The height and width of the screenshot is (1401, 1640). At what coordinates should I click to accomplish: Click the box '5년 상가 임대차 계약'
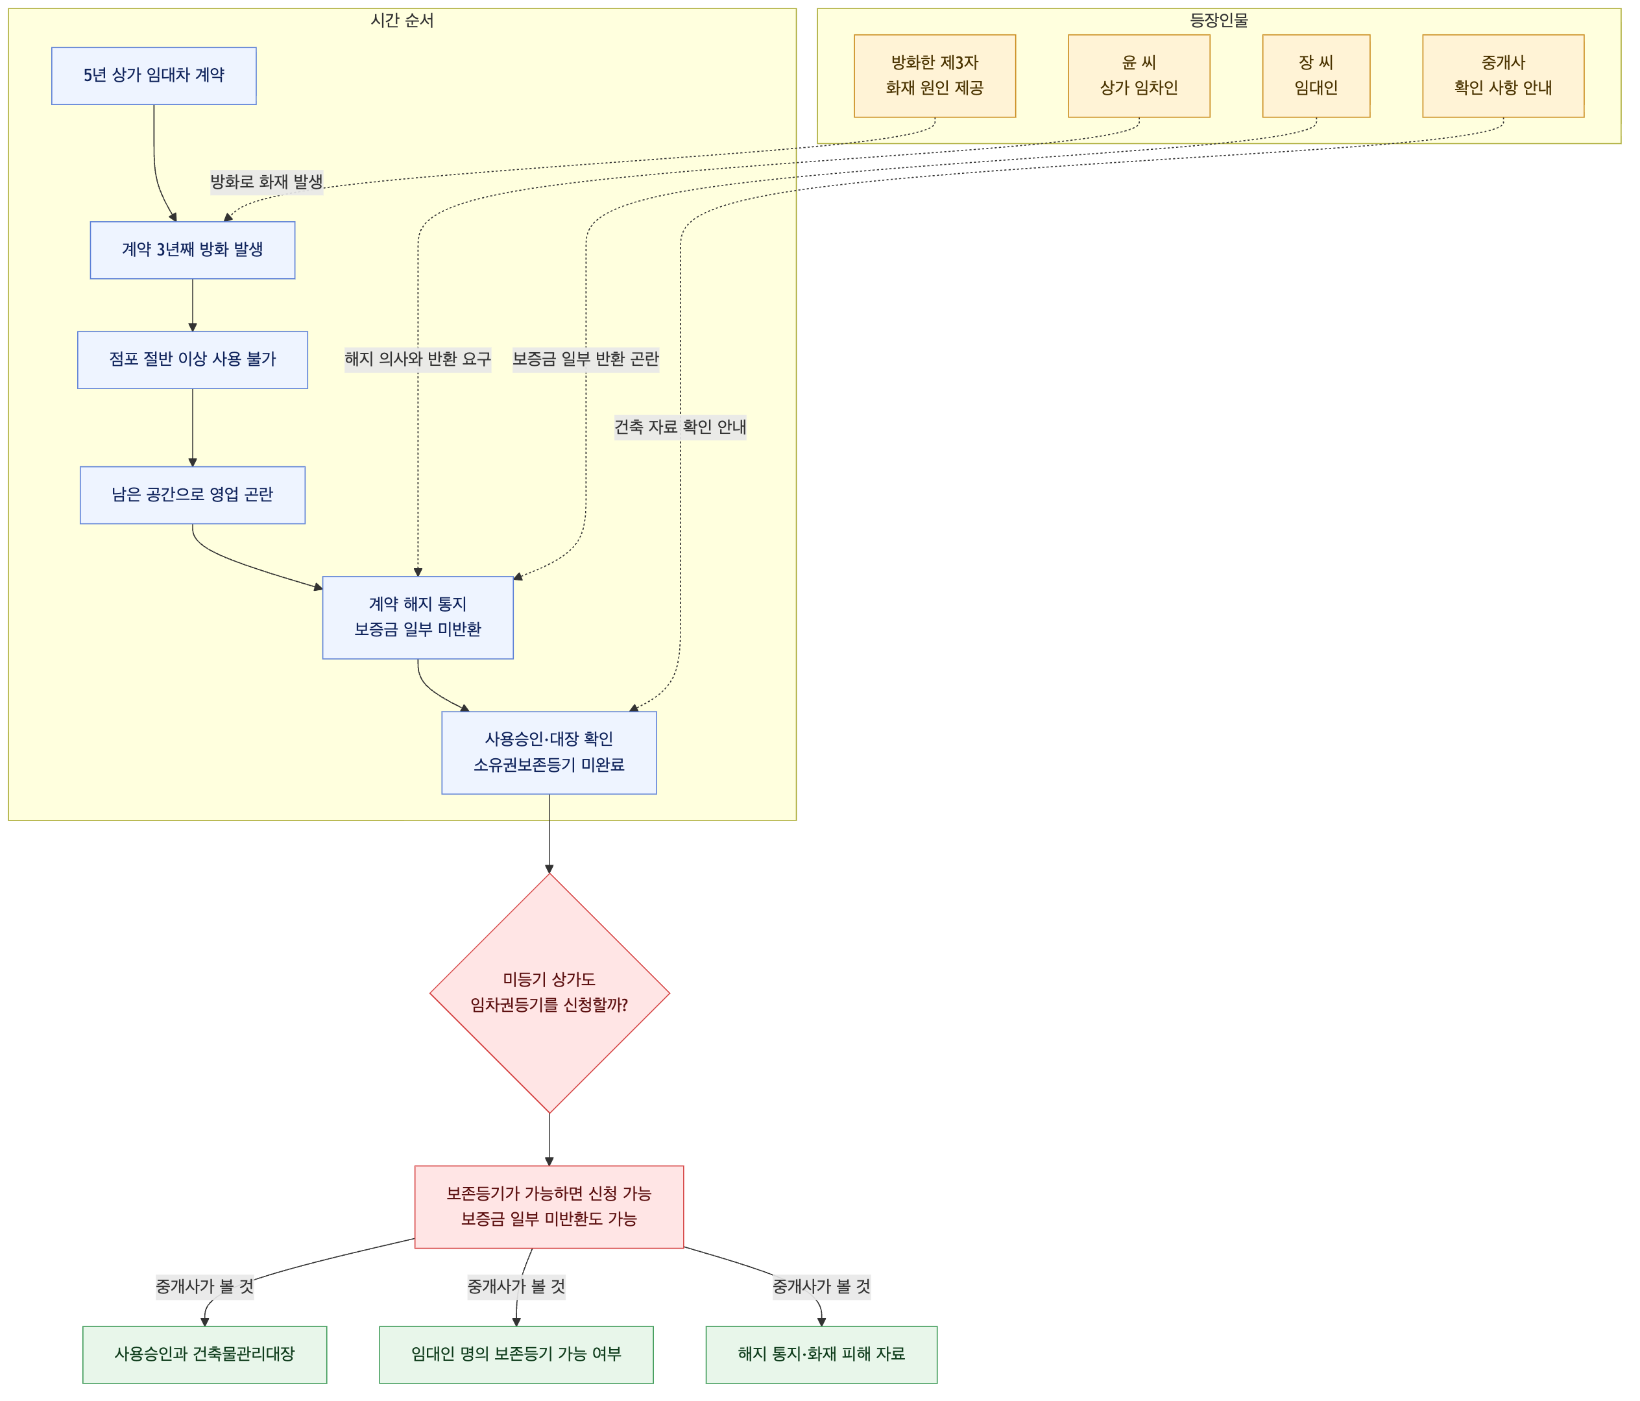pos(154,76)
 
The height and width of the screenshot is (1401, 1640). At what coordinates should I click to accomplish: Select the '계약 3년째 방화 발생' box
pos(192,250)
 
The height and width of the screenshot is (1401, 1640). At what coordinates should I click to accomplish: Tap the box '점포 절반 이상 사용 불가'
pos(192,360)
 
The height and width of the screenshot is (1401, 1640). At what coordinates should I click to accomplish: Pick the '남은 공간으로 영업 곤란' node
pos(192,495)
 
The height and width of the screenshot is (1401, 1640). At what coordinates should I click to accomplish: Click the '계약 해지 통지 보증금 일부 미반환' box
pos(418,617)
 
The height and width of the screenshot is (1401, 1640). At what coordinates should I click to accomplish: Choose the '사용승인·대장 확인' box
pos(549,753)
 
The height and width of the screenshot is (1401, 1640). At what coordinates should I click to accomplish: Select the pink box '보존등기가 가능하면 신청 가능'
pos(549,1206)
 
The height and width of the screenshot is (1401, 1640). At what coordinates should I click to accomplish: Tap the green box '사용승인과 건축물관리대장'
pos(205,1354)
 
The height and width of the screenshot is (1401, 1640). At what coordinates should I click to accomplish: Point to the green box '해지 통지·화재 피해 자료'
pos(821,1354)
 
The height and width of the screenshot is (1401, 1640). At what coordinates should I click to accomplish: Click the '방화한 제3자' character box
pos(935,76)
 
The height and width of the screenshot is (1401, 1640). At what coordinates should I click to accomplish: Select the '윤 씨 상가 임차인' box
pos(1139,76)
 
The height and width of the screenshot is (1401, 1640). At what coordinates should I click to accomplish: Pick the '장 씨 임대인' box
pos(1316,76)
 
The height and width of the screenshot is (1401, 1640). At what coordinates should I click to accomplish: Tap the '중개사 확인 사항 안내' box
pos(1503,76)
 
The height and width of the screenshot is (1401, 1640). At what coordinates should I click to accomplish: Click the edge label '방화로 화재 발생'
pos(267,182)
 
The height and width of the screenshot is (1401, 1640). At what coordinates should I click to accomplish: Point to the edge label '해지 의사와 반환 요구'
pos(418,359)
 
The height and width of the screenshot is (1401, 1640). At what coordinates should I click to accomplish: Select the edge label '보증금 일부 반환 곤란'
pos(586,359)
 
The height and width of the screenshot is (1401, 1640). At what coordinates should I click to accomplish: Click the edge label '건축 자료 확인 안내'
pos(681,427)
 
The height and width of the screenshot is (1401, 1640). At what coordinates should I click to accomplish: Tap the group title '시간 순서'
pos(402,21)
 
